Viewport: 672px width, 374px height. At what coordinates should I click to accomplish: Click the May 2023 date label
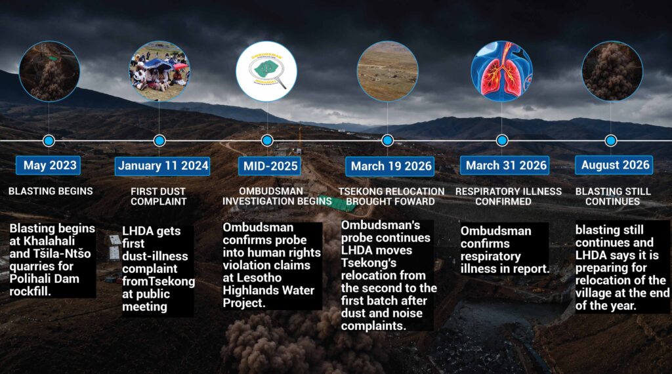point(49,165)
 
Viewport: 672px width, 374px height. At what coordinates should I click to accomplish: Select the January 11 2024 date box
point(163,166)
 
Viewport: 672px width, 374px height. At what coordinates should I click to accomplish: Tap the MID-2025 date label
point(270,166)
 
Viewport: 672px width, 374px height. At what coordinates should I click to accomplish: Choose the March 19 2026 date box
point(390,166)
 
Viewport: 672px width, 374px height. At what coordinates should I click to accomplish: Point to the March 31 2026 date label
point(505,165)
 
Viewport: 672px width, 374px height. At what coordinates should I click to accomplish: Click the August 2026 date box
point(614,165)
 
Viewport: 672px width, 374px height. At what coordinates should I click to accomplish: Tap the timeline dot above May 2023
point(49,140)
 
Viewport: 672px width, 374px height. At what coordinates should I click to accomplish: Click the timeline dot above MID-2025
point(267,140)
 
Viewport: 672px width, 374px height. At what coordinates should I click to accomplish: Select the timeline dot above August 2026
point(611,140)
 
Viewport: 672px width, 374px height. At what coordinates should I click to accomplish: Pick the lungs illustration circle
point(501,71)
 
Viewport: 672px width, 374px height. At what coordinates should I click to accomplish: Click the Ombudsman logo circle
point(266,71)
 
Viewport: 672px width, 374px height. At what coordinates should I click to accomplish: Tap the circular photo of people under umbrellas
point(159,71)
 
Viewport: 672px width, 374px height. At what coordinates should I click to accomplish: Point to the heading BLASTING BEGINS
point(51,191)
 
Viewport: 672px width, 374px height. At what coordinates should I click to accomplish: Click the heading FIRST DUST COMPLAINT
point(159,197)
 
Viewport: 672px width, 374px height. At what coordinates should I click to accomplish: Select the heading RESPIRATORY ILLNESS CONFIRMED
point(509,197)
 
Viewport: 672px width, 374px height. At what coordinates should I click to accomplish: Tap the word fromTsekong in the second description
point(158,281)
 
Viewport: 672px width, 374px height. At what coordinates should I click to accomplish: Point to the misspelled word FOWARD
point(415,202)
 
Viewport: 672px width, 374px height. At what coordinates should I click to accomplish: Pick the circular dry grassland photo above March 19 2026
point(387,71)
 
